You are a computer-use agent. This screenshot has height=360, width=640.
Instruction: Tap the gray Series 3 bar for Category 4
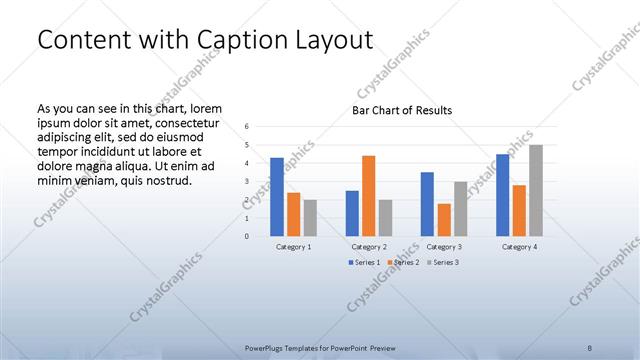[536, 191]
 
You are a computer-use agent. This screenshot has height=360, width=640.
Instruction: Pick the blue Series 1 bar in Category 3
[427, 204]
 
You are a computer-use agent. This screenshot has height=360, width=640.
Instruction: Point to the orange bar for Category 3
[444, 220]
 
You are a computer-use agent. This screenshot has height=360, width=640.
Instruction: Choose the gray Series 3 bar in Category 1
[310, 218]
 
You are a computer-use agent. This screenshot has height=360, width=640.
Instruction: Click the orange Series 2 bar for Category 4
[519, 210]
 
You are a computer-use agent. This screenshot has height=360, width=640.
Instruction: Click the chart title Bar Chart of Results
[402, 110]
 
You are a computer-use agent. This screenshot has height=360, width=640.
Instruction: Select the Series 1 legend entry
[365, 262]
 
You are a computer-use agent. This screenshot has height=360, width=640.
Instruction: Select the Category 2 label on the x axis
[368, 246]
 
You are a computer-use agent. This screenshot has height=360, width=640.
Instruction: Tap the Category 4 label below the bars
[519, 246]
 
